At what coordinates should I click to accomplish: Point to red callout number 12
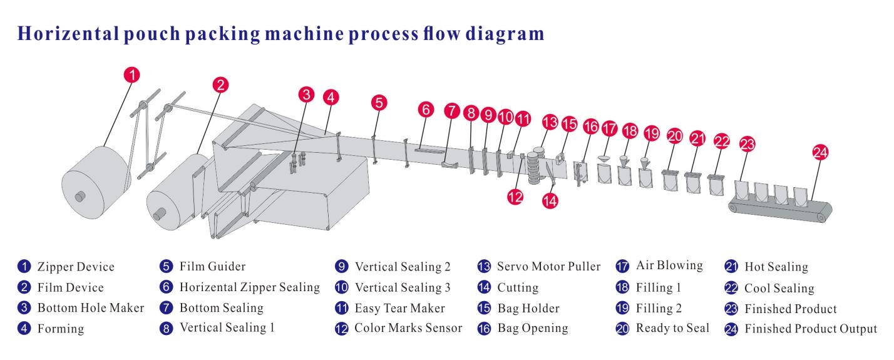[x=515, y=196]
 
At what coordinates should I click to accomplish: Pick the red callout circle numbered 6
[x=426, y=110]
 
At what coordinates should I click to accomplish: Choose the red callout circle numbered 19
[x=651, y=133]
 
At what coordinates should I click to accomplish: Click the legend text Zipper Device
[x=75, y=267]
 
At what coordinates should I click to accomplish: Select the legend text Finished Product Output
[x=810, y=329]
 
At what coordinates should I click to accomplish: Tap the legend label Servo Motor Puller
[x=548, y=267]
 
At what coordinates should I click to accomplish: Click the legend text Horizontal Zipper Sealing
[x=249, y=288]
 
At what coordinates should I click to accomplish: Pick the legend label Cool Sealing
[x=779, y=289]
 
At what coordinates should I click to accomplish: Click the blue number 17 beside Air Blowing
[x=622, y=265]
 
